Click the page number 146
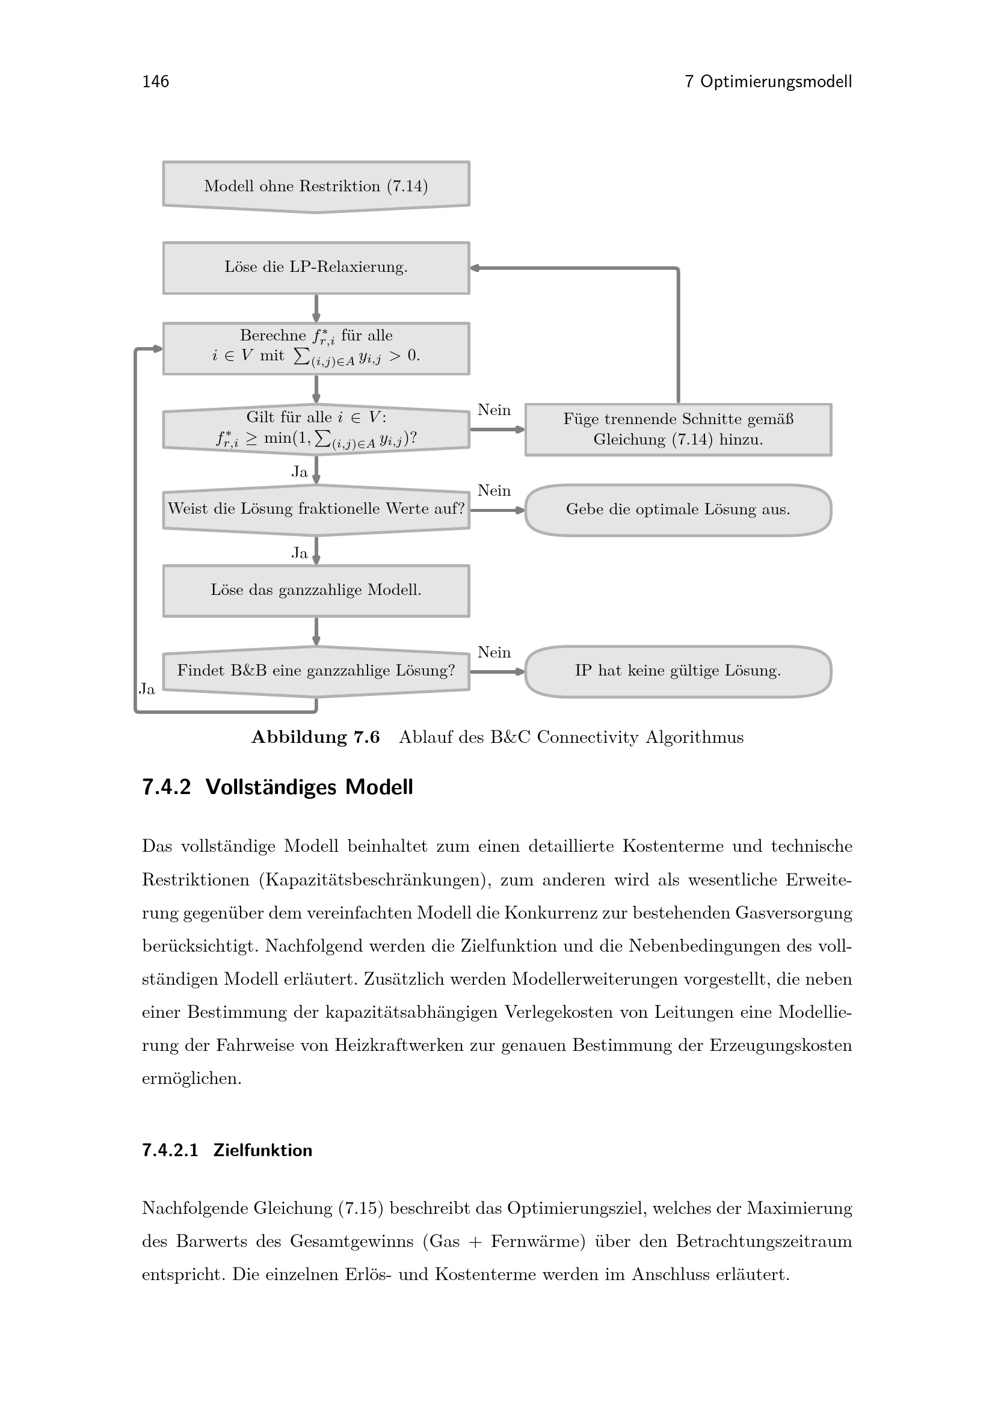[x=156, y=81]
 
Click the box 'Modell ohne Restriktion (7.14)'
[x=316, y=186]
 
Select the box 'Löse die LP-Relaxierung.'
[x=316, y=268]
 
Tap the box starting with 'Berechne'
[x=316, y=348]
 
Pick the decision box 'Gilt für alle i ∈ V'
[x=316, y=429]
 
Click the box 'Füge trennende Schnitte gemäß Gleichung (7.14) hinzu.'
[x=678, y=429]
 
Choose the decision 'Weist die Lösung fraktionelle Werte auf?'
[x=316, y=510]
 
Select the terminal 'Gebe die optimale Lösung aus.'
[x=678, y=510]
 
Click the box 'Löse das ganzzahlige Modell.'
[x=316, y=591]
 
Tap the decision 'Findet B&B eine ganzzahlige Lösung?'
[x=316, y=672]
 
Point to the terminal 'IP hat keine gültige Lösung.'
[x=678, y=672]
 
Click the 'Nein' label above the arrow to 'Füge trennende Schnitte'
[x=494, y=410]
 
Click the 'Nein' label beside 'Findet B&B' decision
[x=494, y=653]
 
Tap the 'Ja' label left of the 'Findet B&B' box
[x=147, y=689]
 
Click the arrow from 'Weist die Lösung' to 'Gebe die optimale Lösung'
[x=498, y=510]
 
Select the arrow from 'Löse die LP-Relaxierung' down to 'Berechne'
[x=316, y=308]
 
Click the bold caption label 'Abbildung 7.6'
[x=316, y=737]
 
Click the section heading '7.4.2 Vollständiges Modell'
[x=277, y=787]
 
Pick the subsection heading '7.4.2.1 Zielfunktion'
[x=227, y=1150]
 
